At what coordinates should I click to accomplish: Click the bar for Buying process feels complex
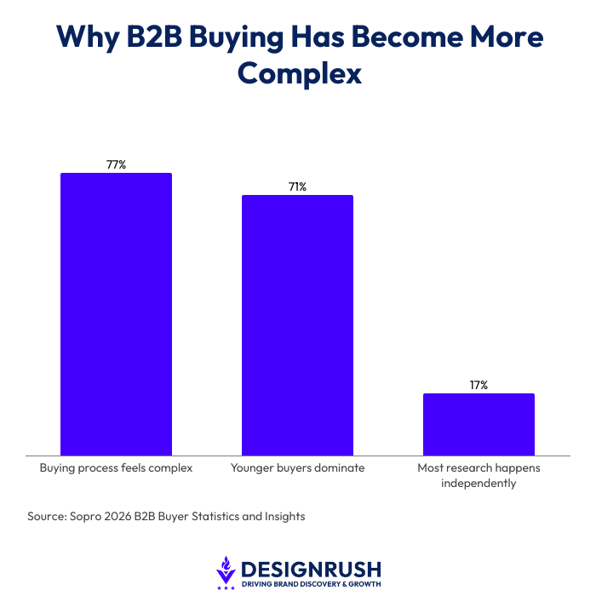(x=116, y=314)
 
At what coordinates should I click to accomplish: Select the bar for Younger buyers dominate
(x=297, y=325)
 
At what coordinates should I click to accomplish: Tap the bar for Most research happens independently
(x=479, y=424)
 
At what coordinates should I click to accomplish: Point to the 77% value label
(x=116, y=164)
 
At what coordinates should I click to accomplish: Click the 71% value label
(x=297, y=186)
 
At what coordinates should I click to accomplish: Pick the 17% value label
(x=479, y=385)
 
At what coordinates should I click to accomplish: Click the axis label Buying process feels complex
(x=117, y=468)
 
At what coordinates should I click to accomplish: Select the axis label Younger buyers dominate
(x=297, y=468)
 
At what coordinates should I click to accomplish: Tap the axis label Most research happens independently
(x=479, y=476)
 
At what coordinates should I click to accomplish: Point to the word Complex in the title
(x=300, y=74)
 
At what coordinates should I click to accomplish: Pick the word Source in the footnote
(x=47, y=517)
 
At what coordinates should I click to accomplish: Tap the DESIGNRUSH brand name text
(x=311, y=568)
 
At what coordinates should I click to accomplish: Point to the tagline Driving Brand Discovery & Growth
(x=311, y=584)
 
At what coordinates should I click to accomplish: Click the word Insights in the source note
(x=284, y=517)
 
